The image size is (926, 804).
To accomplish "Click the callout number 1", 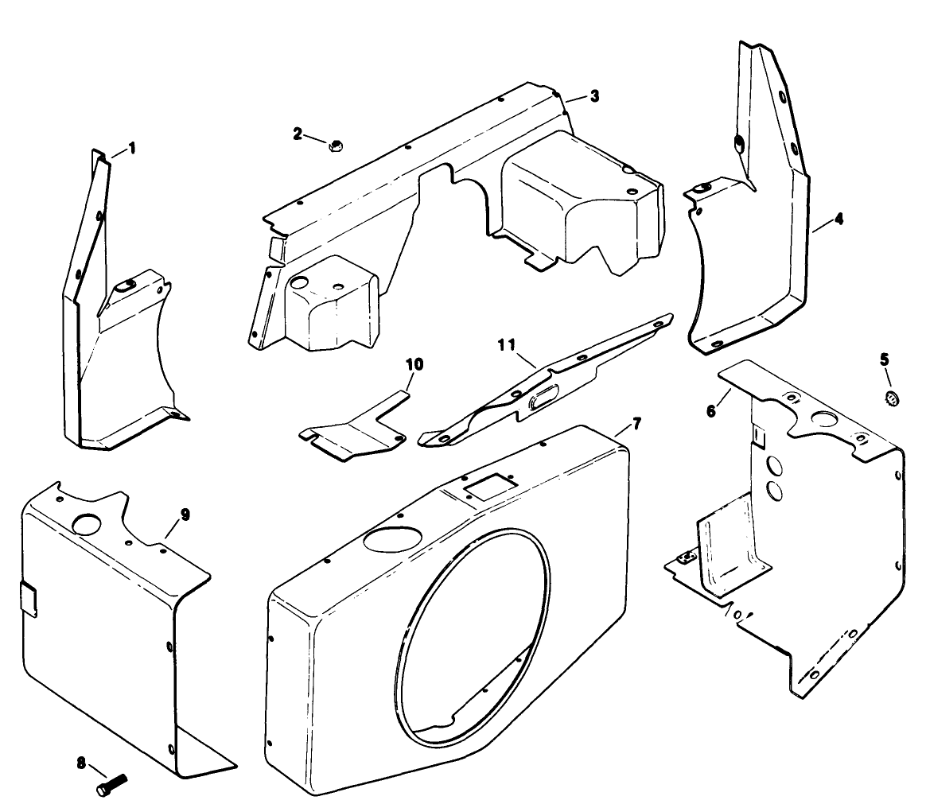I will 132,147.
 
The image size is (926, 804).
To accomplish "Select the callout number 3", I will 594,96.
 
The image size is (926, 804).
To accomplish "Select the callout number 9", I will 185,515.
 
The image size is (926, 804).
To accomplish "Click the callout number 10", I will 414,364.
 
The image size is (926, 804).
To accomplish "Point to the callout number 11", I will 506,345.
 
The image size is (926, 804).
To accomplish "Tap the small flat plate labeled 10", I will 354,433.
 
